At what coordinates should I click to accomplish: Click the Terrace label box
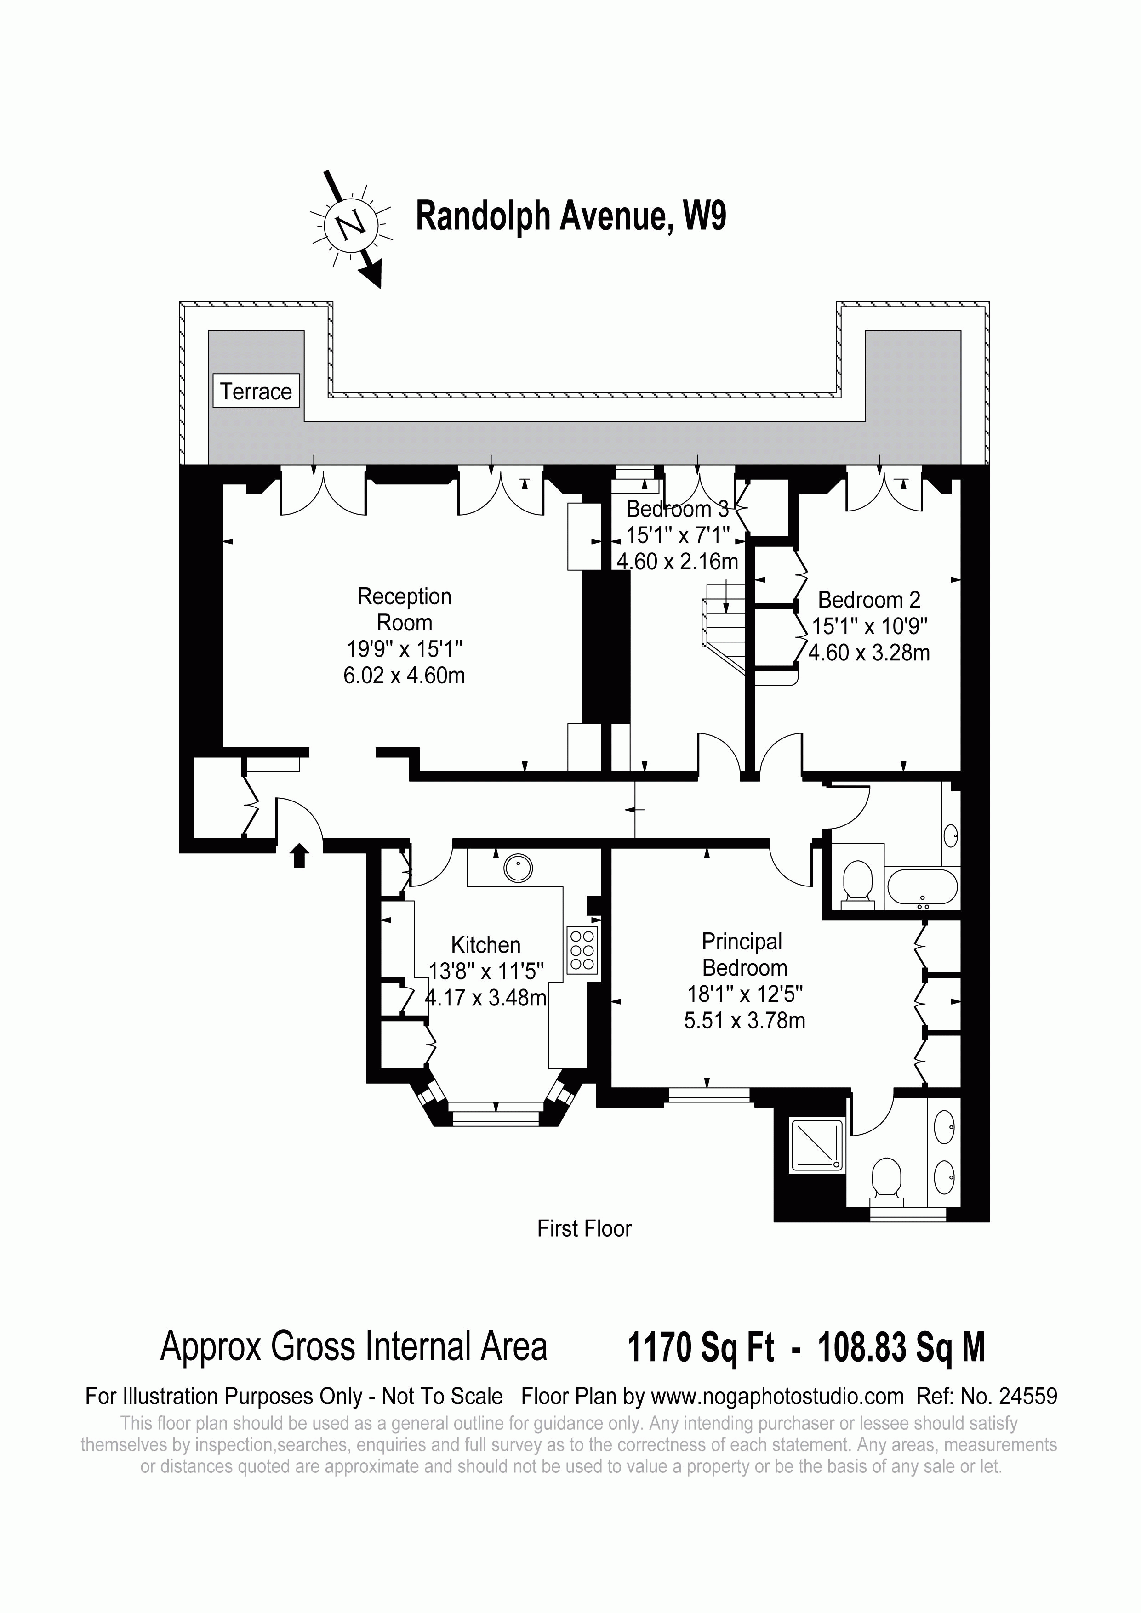tap(256, 391)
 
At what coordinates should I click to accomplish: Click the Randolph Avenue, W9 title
tap(570, 216)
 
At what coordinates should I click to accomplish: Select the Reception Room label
tap(404, 609)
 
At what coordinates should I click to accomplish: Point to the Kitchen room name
tap(485, 945)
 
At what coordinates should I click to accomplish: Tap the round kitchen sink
tap(518, 869)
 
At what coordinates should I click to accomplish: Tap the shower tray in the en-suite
tap(816, 1146)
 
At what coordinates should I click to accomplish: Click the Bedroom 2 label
tap(869, 600)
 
